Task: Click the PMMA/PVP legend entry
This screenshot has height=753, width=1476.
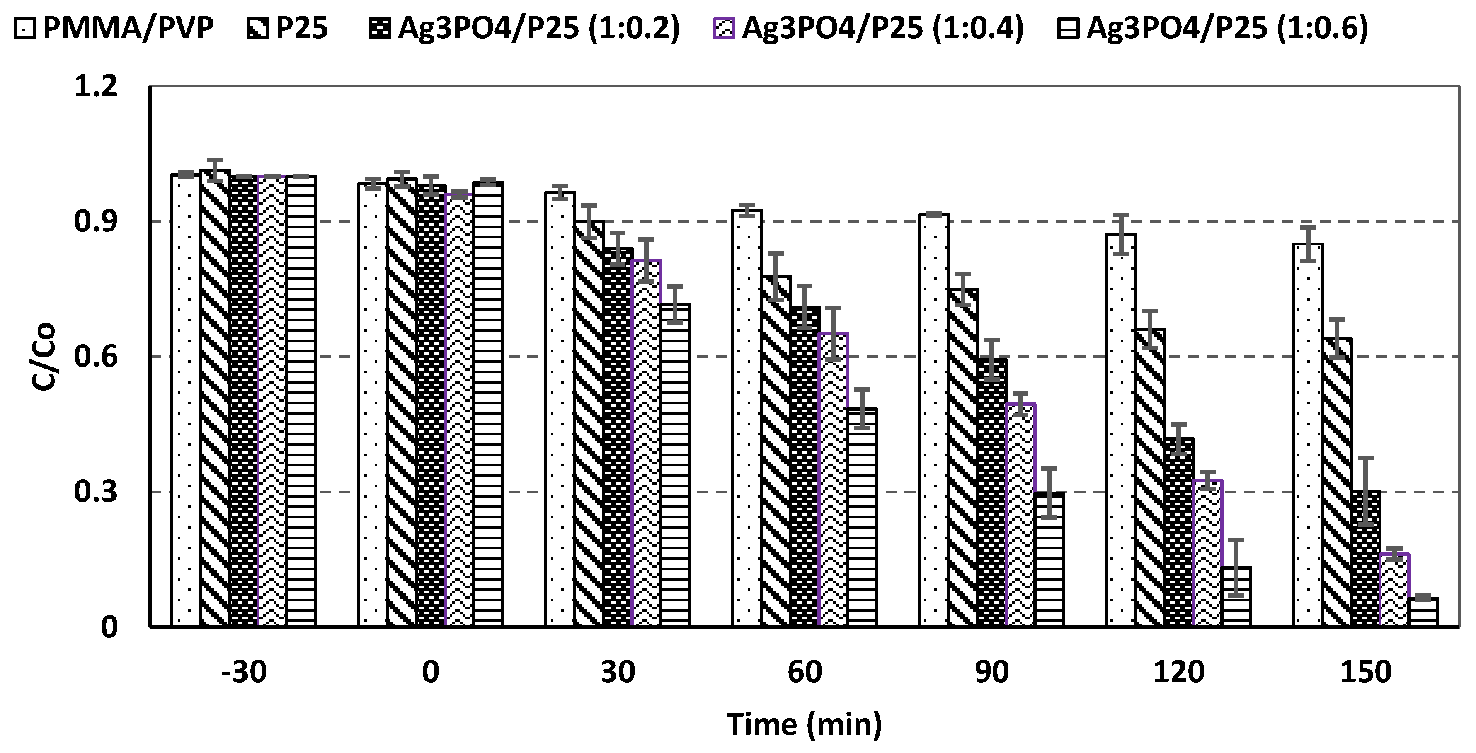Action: [x=114, y=27]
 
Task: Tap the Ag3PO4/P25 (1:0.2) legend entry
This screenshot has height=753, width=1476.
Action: [x=524, y=27]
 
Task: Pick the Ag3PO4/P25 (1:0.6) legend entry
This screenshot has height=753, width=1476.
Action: [x=1212, y=27]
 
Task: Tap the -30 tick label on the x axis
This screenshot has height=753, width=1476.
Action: [x=244, y=672]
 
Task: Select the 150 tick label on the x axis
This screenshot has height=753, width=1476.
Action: [x=1366, y=672]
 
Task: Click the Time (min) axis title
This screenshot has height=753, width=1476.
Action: [x=805, y=724]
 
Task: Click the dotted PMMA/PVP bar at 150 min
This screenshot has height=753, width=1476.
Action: [x=1308, y=435]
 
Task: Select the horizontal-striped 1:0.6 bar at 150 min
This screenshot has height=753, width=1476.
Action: [x=1423, y=613]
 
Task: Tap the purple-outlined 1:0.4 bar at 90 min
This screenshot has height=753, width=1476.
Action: [x=1020, y=516]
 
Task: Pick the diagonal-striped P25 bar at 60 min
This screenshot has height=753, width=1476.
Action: [x=776, y=453]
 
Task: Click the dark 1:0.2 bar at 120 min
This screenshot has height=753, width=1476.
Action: [x=1179, y=533]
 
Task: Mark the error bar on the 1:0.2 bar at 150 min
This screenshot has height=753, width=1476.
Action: [x=1366, y=491]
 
